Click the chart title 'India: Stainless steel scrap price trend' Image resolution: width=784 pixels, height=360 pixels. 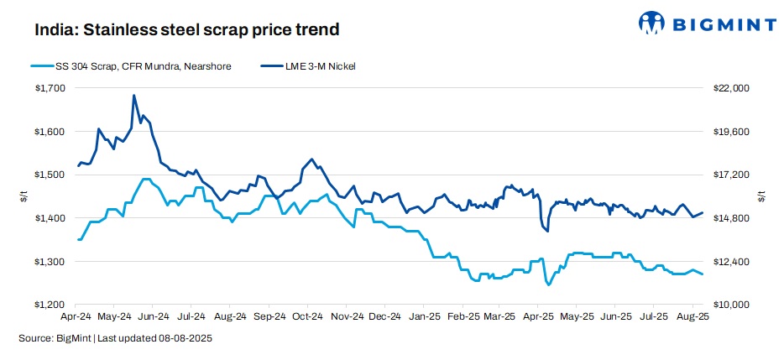coord(186,30)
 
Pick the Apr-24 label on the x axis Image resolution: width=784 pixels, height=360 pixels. coord(76,318)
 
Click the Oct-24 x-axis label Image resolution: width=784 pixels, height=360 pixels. coord(307,318)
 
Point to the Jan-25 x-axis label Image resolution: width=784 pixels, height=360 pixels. coord(423,318)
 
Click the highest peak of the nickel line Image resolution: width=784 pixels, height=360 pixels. coord(134,96)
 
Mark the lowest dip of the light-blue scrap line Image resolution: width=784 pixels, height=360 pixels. coord(548,285)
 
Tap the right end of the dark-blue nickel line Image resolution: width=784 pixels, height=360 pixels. coord(703,213)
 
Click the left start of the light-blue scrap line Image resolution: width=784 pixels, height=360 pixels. coord(78,240)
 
